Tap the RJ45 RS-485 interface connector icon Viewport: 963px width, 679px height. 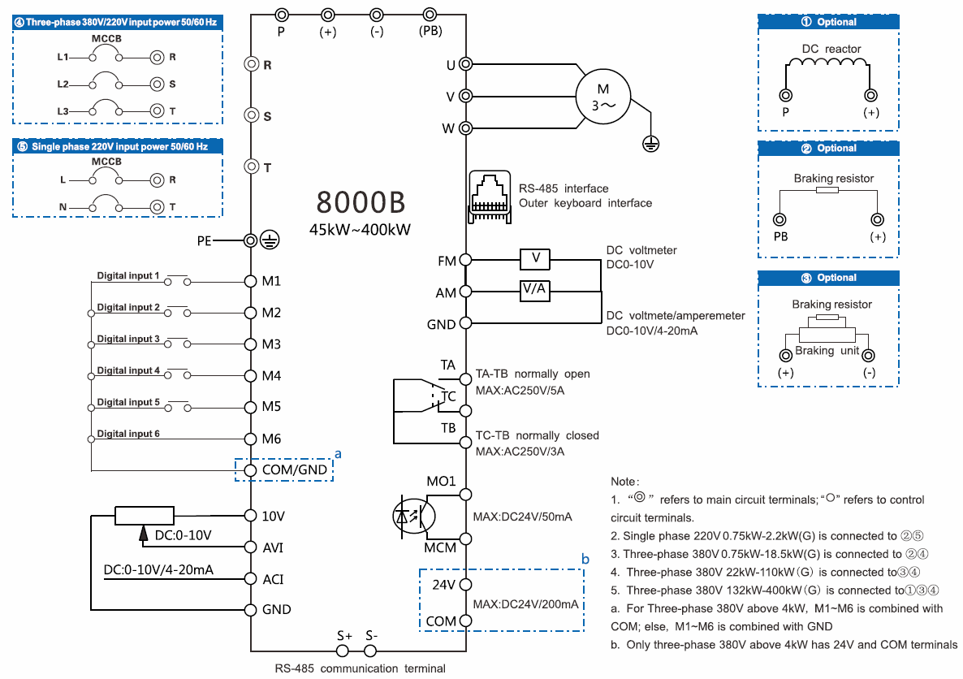(489, 197)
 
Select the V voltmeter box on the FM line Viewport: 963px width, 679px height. (535, 259)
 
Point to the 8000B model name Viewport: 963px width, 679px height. (360, 201)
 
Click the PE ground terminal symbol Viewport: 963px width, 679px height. (273, 240)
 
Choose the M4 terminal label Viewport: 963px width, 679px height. (271, 376)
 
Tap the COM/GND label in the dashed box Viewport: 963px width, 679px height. (295, 469)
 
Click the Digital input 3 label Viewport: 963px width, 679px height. (128, 339)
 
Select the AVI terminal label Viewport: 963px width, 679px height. (273, 547)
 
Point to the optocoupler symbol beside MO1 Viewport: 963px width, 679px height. (414, 515)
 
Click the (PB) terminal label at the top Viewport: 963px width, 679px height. (430, 32)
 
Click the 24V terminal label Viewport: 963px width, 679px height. (443, 585)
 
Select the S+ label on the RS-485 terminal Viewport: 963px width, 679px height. (344, 635)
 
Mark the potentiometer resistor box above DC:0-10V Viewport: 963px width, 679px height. (145, 515)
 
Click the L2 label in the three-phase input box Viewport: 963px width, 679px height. (63, 84)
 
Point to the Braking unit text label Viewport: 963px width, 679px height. (826, 350)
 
